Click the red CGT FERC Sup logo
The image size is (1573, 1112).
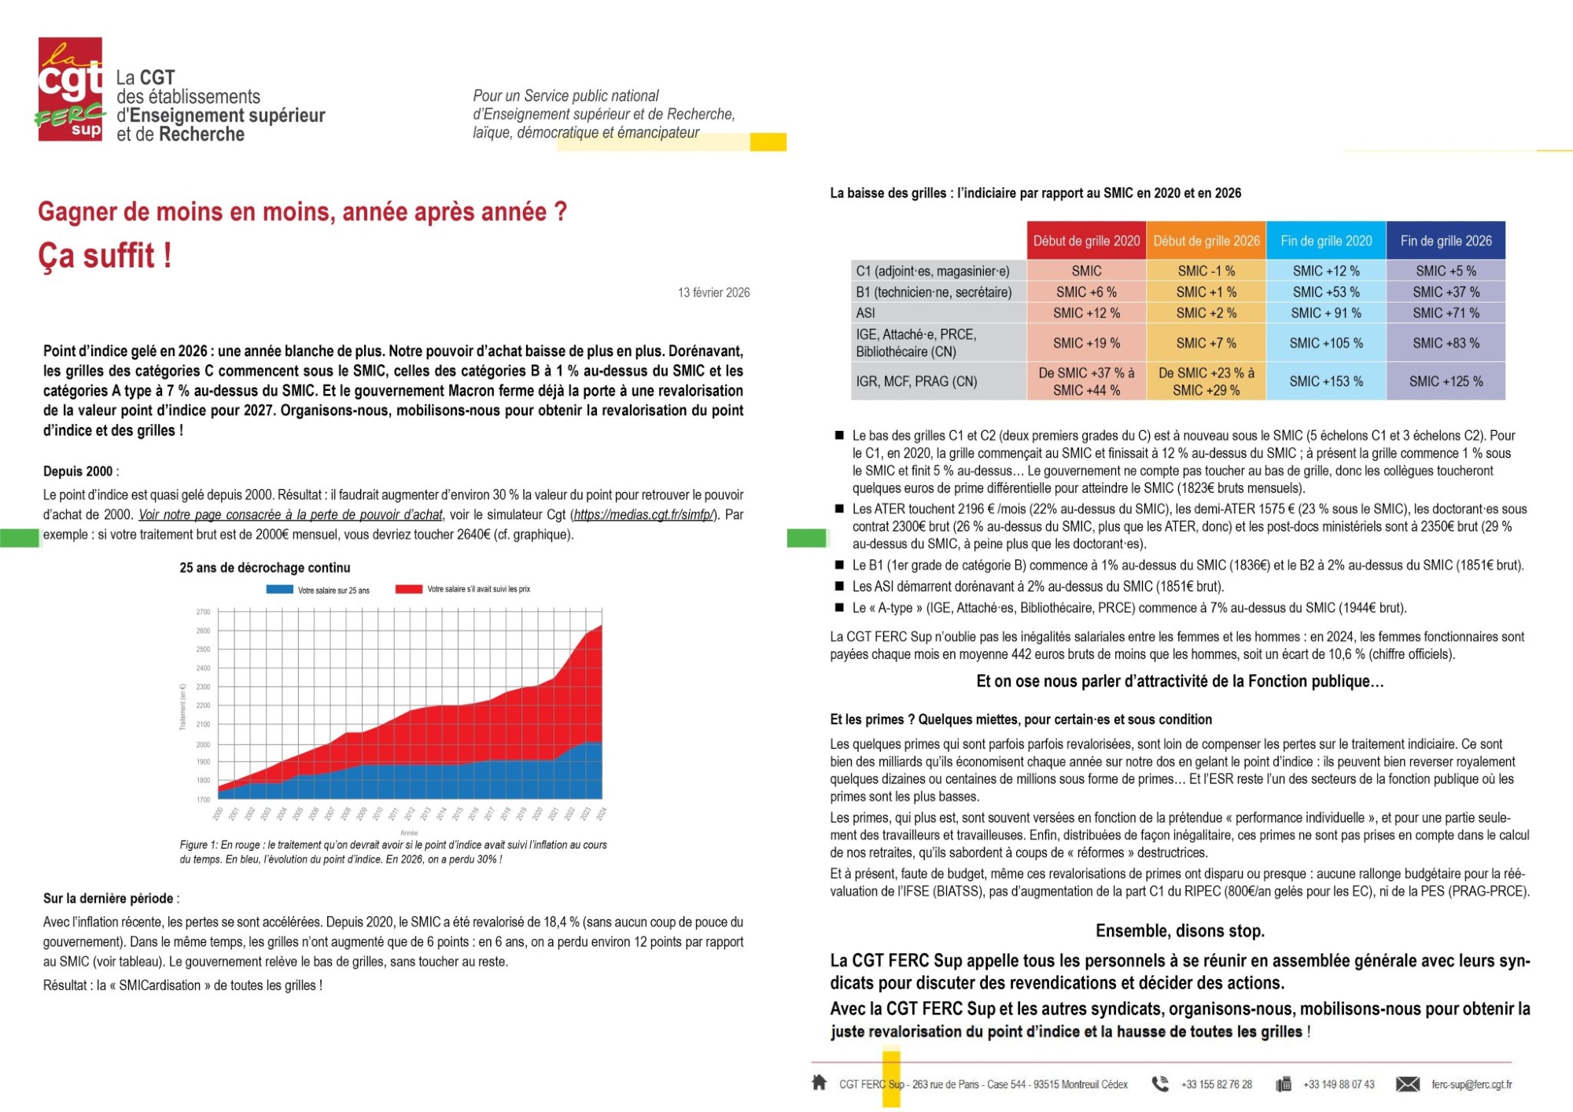coord(70,89)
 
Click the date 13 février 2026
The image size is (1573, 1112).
coord(713,293)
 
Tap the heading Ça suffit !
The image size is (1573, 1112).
coord(105,256)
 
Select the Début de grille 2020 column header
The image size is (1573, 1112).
coord(1086,241)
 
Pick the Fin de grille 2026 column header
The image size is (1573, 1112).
coord(1446,241)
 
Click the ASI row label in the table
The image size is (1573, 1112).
coord(865,313)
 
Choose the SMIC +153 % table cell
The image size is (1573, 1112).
coord(1326,381)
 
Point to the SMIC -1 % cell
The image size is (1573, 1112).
coord(1206,271)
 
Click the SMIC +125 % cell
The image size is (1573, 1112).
coord(1446,381)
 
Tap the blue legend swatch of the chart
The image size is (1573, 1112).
coord(280,589)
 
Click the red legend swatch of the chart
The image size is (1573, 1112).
coord(409,589)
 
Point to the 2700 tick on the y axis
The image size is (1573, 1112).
coord(203,611)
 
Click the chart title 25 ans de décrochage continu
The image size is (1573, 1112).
coord(265,568)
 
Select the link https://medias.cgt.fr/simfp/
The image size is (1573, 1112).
coord(643,515)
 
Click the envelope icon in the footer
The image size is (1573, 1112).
coord(1408,1084)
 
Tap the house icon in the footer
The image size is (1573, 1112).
coord(819,1083)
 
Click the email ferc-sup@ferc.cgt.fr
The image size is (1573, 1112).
coord(1472,1084)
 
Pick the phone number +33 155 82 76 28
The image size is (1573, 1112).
coord(1216,1084)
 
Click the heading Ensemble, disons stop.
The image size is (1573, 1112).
coord(1180,931)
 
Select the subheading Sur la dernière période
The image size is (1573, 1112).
coord(109,898)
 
